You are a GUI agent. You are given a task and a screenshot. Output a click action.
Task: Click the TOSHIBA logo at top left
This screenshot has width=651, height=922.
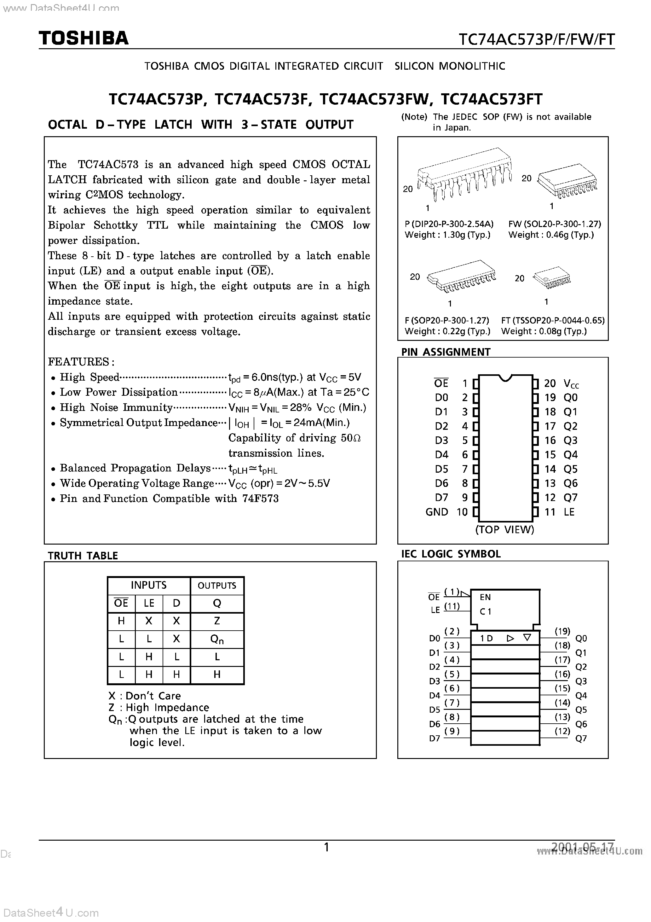coord(84,38)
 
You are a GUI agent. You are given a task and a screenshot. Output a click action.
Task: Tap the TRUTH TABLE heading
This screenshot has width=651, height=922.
coord(83,556)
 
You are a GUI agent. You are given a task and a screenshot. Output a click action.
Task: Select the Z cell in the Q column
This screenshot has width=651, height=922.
coord(217,621)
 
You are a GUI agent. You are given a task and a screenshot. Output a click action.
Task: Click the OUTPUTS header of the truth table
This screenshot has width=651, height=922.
coord(217,586)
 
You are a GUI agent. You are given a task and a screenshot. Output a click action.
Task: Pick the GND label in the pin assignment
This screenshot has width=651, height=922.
coord(437,512)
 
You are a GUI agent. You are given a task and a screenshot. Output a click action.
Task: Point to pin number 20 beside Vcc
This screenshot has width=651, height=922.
coord(550,383)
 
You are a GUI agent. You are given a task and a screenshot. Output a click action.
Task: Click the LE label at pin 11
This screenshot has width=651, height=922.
coord(569,512)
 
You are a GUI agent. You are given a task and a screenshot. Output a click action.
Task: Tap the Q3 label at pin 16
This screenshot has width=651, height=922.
coord(570,441)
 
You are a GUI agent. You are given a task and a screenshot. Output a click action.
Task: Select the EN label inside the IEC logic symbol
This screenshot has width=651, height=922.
coord(485,597)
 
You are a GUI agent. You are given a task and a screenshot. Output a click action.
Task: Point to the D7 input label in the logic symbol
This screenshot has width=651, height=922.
coord(435,738)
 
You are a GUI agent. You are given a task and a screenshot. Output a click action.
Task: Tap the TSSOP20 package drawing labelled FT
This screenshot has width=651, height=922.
coord(552,277)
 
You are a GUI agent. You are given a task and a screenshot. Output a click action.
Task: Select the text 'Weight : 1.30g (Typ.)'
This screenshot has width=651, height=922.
coord(447,235)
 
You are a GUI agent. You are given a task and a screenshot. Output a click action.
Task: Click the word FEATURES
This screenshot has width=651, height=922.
coord(79,361)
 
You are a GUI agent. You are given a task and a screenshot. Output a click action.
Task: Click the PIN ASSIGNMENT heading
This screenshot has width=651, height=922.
coord(446,352)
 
